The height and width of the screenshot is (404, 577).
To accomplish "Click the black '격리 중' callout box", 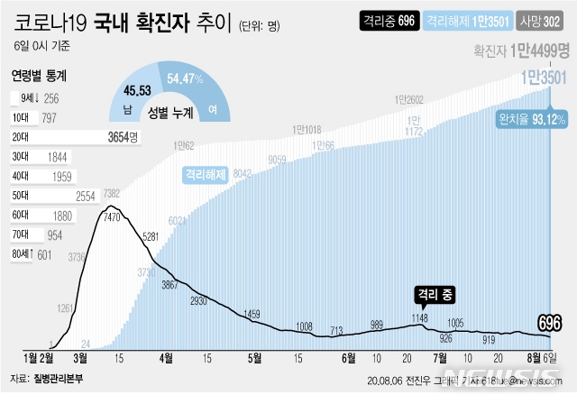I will [437, 293].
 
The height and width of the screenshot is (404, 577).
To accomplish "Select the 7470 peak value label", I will [113, 216].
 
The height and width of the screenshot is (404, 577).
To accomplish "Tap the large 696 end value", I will [551, 322].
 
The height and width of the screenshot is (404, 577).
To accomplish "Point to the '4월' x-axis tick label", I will [166, 357].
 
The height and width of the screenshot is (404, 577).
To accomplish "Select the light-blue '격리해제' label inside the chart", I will [206, 174].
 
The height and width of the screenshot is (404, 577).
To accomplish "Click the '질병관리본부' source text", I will [60, 379].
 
